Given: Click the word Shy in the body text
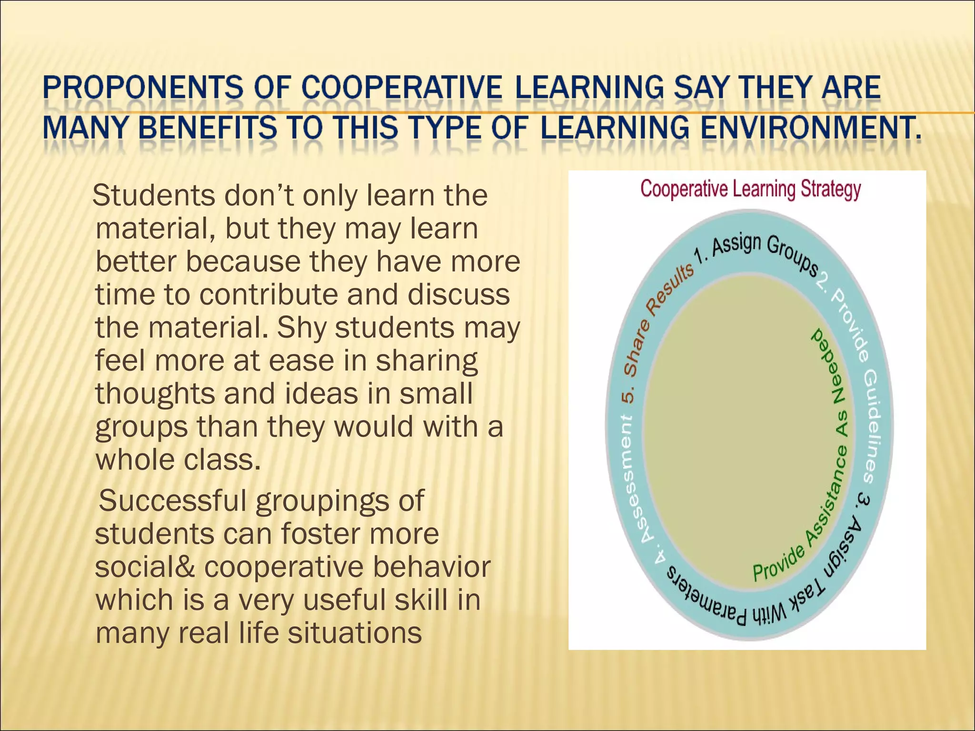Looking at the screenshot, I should [303, 328].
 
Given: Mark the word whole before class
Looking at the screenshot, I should [135, 460].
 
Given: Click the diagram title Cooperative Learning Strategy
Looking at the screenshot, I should [750, 189].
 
